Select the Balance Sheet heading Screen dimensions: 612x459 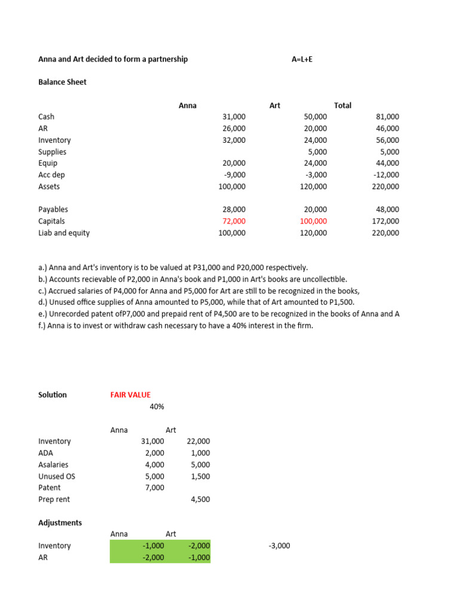(62, 82)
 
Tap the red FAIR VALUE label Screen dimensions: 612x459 (130, 394)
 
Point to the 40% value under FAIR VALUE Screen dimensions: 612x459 (157, 406)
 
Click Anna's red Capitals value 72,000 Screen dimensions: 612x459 (234, 221)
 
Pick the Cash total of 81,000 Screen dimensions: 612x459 (388, 117)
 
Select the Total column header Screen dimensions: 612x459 (342, 105)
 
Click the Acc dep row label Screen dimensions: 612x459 (51, 175)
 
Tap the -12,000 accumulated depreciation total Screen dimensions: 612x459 (386, 175)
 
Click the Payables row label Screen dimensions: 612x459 (53, 209)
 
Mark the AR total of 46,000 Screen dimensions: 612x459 (388, 128)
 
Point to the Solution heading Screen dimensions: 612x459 (53, 394)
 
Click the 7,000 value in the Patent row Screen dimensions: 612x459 (154, 488)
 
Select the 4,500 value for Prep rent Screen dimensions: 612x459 (200, 499)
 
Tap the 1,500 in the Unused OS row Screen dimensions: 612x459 (200, 476)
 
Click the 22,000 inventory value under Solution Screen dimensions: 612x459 (198, 441)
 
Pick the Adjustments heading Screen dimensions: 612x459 (60, 522)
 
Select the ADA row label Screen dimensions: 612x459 (46, 453)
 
